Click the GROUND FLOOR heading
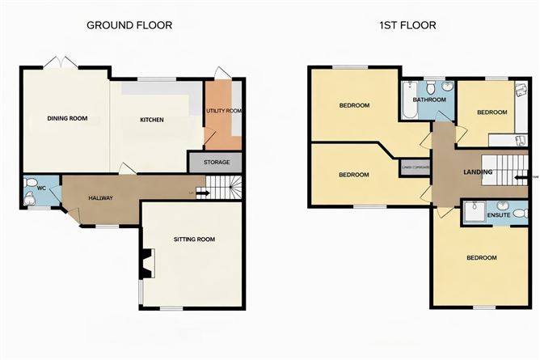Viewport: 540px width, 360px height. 129,25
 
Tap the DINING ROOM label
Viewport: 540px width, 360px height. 66,120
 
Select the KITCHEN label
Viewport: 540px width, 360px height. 152,120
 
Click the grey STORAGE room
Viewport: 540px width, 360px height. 216,163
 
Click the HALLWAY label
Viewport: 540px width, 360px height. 100,198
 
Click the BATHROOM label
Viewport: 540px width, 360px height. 429,100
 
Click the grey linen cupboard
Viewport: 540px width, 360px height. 415,167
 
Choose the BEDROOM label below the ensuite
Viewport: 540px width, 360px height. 482,257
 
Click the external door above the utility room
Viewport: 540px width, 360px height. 222,73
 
